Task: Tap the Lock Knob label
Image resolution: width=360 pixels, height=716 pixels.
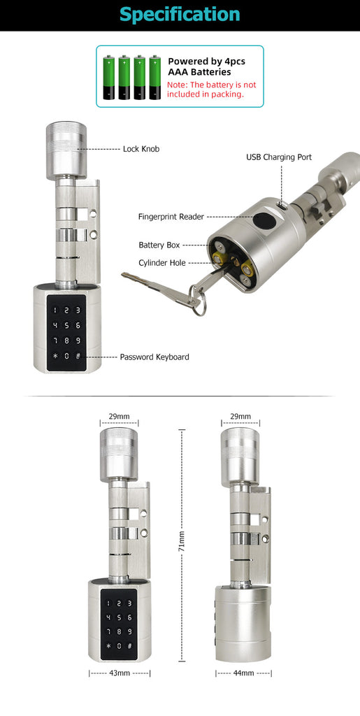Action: coord(141,149)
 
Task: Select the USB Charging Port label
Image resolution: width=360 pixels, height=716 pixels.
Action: coord(279,157)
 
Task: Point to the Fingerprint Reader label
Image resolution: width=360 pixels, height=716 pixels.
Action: coord(171,217)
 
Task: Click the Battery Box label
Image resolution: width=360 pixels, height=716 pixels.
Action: coord(159,245)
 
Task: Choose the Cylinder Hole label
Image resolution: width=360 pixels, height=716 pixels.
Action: coord(162,263)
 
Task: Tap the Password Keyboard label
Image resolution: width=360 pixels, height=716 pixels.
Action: coord(154,357)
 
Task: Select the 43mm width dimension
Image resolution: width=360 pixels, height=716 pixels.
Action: coord(119,673)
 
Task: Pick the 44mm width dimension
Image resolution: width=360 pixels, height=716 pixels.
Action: coord(244,673)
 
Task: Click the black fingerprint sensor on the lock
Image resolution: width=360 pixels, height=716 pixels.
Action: coord(263,220)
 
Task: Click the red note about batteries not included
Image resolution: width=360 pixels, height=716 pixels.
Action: coord(212,89)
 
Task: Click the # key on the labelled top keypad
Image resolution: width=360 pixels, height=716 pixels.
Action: coord(78,356)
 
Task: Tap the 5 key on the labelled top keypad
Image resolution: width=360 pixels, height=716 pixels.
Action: coord(66,326)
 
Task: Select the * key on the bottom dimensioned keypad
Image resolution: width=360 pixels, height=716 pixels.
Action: coord(108,646)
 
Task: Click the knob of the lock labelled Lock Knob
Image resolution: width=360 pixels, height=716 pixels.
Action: coord(66,150)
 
